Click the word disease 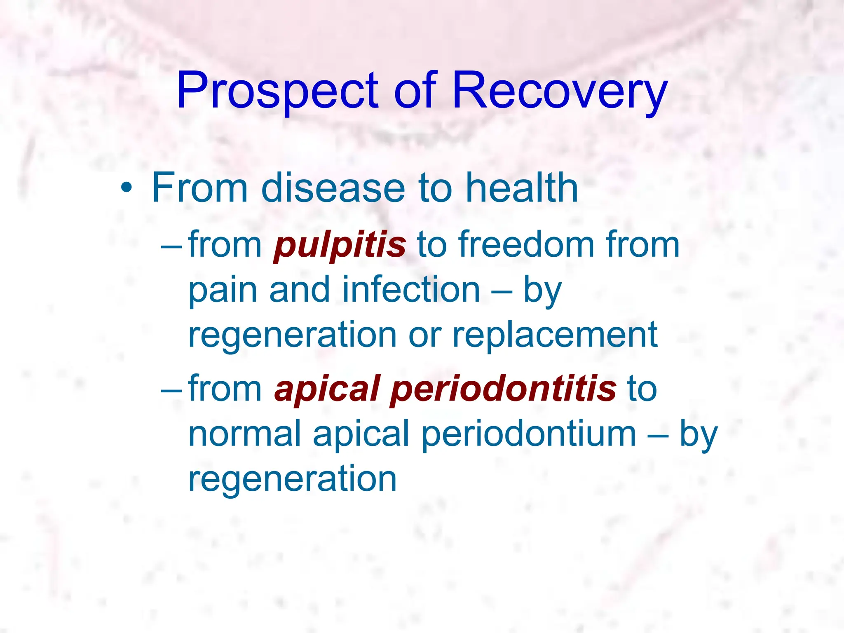333,188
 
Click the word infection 411,290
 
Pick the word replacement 555,335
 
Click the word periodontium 529,434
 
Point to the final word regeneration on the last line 292,480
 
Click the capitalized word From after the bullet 199,188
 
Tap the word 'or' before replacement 424,335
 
